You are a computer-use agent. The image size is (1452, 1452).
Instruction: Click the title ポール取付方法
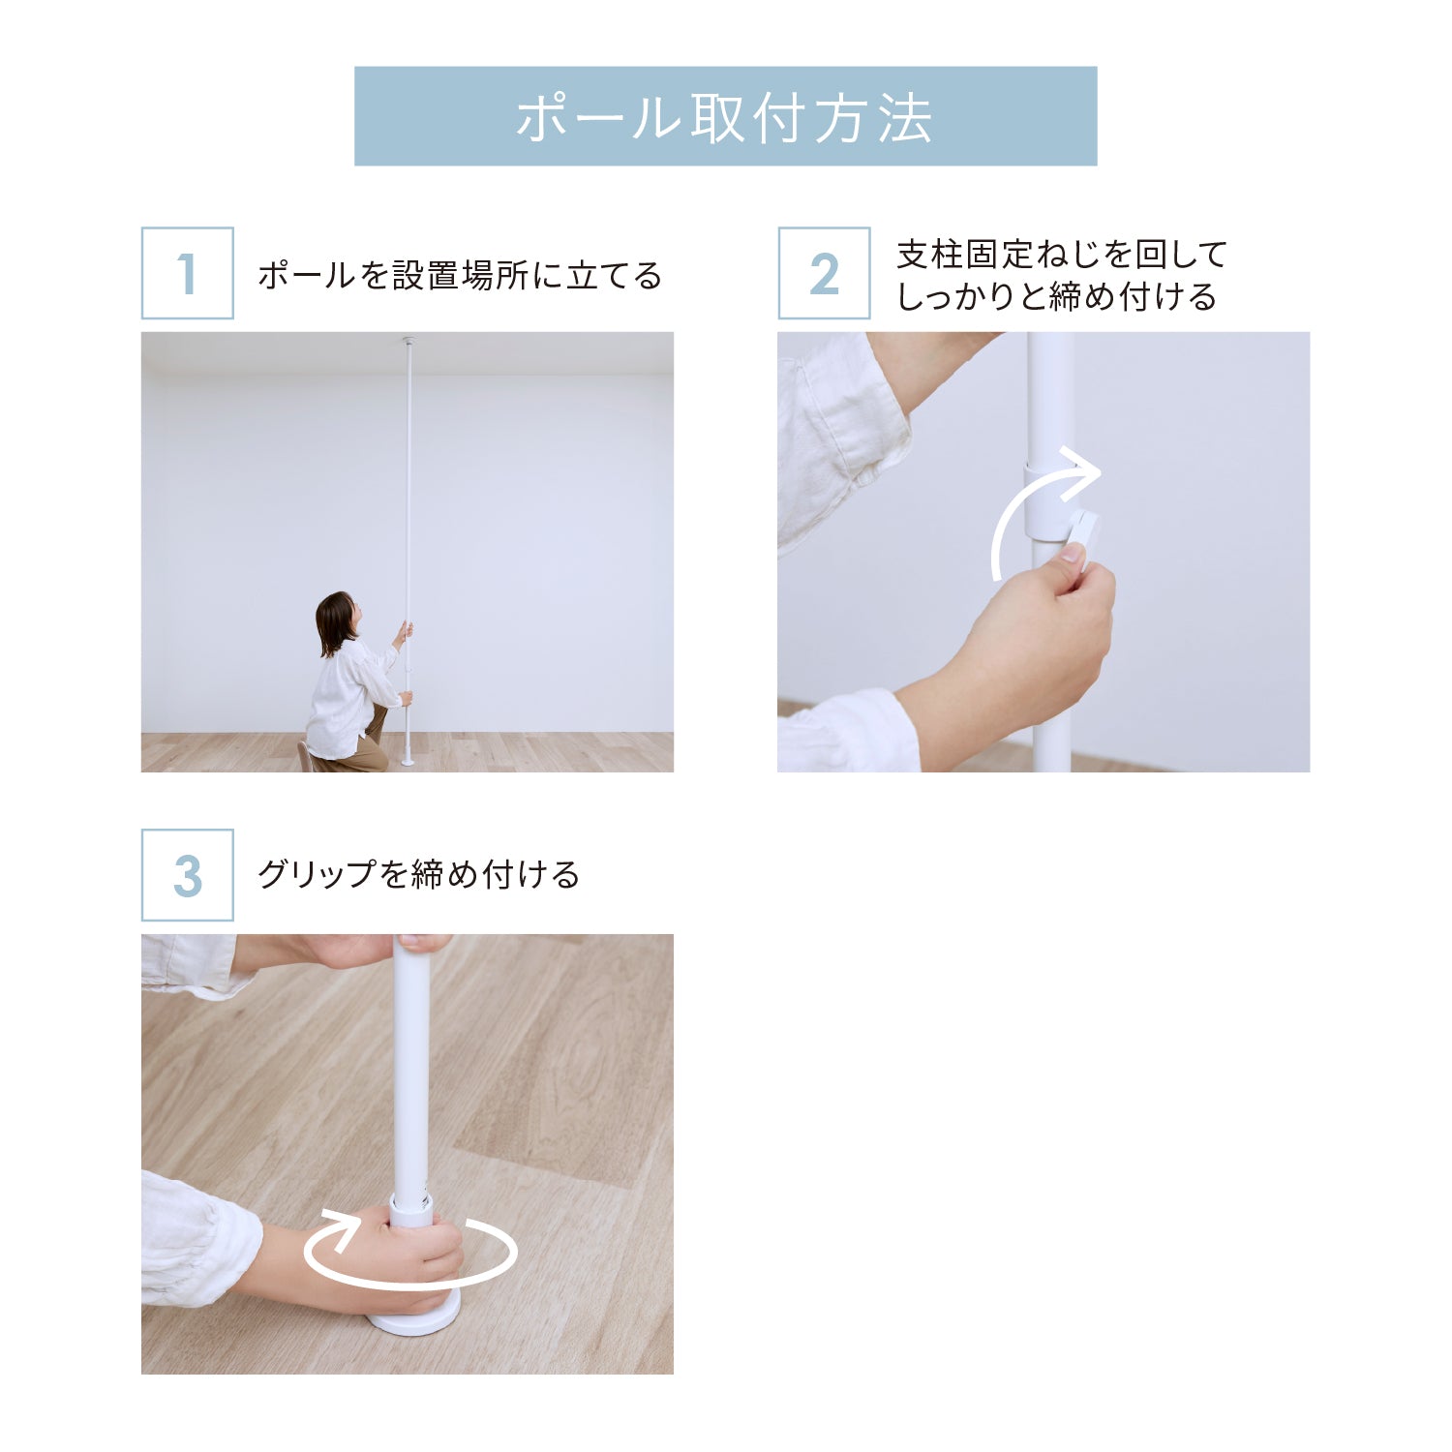(x=724, y=118)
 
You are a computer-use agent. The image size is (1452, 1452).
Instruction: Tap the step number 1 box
(x=188, y=273)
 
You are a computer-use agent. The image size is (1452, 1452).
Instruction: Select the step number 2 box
(x=824, y=273)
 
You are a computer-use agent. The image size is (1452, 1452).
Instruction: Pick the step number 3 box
(x=188, y=875)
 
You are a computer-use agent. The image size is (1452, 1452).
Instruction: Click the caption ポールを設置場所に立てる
(x=460, y=276)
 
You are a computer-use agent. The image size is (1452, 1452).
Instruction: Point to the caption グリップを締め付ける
(x=418, y=875)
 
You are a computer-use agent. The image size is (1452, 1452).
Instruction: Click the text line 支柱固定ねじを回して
(x=1062, y=255)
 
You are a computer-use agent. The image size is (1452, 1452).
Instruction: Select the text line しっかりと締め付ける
(x=1056, y=296)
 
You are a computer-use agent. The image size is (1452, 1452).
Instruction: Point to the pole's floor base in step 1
(x=408, y=761)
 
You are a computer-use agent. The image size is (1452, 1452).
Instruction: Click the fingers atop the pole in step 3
(x=423, y=942)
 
